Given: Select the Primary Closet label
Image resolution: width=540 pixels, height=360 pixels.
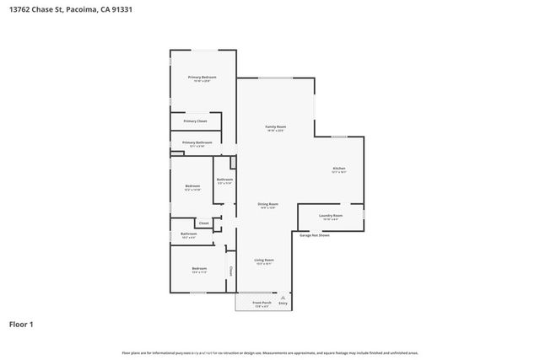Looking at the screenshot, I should pos(194,121).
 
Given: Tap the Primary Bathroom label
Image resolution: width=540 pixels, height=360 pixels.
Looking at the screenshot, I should pos(197,142).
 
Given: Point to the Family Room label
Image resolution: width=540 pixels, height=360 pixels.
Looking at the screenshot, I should pos(276,127).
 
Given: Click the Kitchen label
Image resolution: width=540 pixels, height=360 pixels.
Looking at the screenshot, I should pos(338,169).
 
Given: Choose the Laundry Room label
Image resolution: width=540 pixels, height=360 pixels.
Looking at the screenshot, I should pos(330,216).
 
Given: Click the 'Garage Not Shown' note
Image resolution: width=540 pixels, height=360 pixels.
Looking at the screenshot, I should pos(314,235).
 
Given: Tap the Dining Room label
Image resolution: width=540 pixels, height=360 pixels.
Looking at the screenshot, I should pos(267,204).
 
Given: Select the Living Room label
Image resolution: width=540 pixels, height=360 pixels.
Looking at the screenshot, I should pos(264,261).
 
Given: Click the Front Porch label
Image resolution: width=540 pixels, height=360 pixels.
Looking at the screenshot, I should pos(262,303).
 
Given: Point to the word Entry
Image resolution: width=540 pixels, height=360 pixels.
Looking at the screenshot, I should pos(283,303).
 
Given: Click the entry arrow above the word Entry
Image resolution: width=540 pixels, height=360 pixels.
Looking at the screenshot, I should pos(283,297).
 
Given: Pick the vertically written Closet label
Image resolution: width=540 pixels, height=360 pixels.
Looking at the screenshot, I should pos(230,271).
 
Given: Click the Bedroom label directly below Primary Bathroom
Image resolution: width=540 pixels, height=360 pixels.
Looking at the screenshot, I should pos(192,185).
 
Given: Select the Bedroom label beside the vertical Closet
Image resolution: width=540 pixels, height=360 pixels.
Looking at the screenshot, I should pos(198,267).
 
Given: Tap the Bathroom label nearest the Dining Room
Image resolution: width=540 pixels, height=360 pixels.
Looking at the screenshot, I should pos(224,180).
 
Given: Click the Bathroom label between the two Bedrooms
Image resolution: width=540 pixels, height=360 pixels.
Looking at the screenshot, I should pos(188,234).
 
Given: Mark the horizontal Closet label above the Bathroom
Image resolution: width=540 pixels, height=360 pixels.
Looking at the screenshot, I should pos(203,223).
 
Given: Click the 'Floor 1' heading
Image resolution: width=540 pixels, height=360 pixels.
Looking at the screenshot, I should pos(21,324).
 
